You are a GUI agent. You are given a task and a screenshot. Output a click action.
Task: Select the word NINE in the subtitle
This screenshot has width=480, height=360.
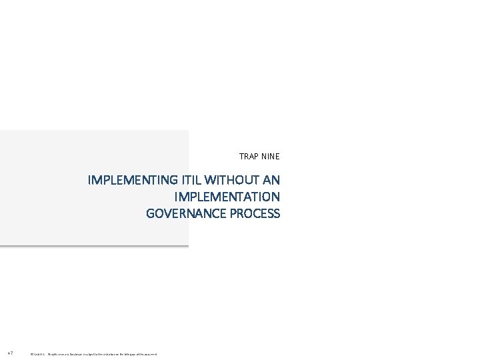(x=271, y=157)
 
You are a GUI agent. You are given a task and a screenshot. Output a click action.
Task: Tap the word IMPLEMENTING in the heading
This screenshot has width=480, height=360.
(x=133, y=180)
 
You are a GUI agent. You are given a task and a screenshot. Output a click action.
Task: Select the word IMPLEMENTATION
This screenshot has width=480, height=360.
(x=227, y=197)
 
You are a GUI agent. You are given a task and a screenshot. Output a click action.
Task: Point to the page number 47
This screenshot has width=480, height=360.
(x=10, y=353)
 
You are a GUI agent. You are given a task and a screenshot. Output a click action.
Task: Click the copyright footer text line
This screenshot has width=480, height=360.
(x=93, y=353)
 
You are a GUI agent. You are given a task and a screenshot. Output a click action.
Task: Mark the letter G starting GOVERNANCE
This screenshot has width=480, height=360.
(x=150, y=214)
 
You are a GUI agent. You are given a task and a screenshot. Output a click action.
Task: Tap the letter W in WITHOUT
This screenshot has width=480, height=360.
(x=211, y=180)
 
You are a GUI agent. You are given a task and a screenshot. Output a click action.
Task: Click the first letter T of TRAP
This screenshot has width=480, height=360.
(x=241, y=157)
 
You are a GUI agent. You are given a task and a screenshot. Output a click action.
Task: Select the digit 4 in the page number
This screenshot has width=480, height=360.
(x=9, y=353)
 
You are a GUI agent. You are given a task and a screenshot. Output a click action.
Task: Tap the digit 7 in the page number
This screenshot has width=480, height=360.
(x=12, y=353)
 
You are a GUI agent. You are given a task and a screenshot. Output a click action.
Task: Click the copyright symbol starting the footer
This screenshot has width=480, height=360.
(x=32, y=353)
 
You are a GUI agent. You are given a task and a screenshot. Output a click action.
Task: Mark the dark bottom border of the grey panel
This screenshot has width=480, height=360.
(x=94, y=247)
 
